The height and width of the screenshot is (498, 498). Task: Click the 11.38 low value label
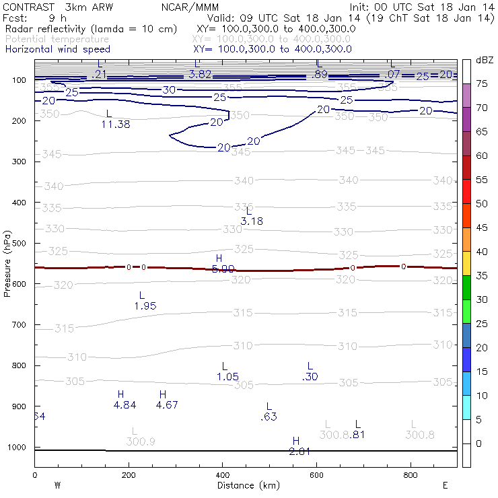point(116,124)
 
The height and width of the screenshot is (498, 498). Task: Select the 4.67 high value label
point(167,404)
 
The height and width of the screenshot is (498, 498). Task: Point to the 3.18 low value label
point(252,221)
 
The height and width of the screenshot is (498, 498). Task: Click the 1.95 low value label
point(145,306)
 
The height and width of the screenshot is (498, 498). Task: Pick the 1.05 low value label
point(227,376)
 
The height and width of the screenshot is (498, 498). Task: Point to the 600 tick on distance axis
point(316,474)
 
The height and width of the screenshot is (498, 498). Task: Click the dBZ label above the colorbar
point(484,60)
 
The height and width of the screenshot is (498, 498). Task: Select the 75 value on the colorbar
point(482,83)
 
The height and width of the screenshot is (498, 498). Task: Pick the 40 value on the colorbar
point(482,251)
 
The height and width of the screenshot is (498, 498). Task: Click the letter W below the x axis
point(58,485)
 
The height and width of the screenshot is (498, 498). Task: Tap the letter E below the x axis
point(445,485)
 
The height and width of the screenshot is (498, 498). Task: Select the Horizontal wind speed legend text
point(57,49)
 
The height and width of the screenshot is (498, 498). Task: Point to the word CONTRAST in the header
point(26,5)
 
